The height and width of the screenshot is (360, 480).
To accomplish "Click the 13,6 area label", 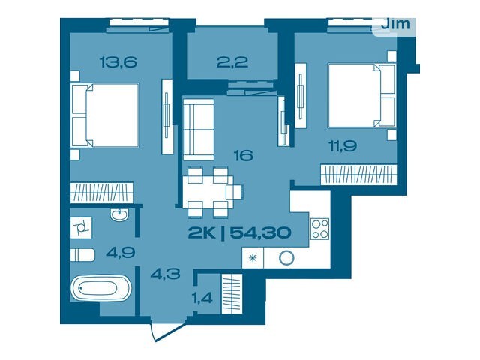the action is point(118,62).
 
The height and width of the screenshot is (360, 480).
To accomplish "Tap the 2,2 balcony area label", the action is point(232,62).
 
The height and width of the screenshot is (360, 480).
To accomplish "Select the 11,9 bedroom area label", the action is point(343,146).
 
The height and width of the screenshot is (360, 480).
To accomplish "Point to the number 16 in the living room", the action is point(243,155).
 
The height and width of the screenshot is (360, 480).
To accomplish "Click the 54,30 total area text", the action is point(260,233).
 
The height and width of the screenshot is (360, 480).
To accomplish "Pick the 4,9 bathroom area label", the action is point(121,253).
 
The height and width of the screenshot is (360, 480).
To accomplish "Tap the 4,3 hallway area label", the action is point(165,273).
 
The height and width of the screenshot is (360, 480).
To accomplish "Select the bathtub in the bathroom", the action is point(101,288).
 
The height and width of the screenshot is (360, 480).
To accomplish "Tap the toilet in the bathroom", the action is point(82,255).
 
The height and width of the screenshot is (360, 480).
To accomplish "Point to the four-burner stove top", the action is point(320,229).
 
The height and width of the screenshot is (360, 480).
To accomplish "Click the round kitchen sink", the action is point(286,258).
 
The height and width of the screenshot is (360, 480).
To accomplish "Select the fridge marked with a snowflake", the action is point(253,258).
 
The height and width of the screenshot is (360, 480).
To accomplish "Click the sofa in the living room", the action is point(198,130).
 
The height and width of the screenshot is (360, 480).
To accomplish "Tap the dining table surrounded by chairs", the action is point(208,192).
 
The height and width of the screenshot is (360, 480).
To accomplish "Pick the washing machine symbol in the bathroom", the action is point(81,228).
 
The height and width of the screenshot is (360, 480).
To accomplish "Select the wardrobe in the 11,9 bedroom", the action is point(358,175).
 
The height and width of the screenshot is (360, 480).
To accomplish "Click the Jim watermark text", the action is point(395,24).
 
